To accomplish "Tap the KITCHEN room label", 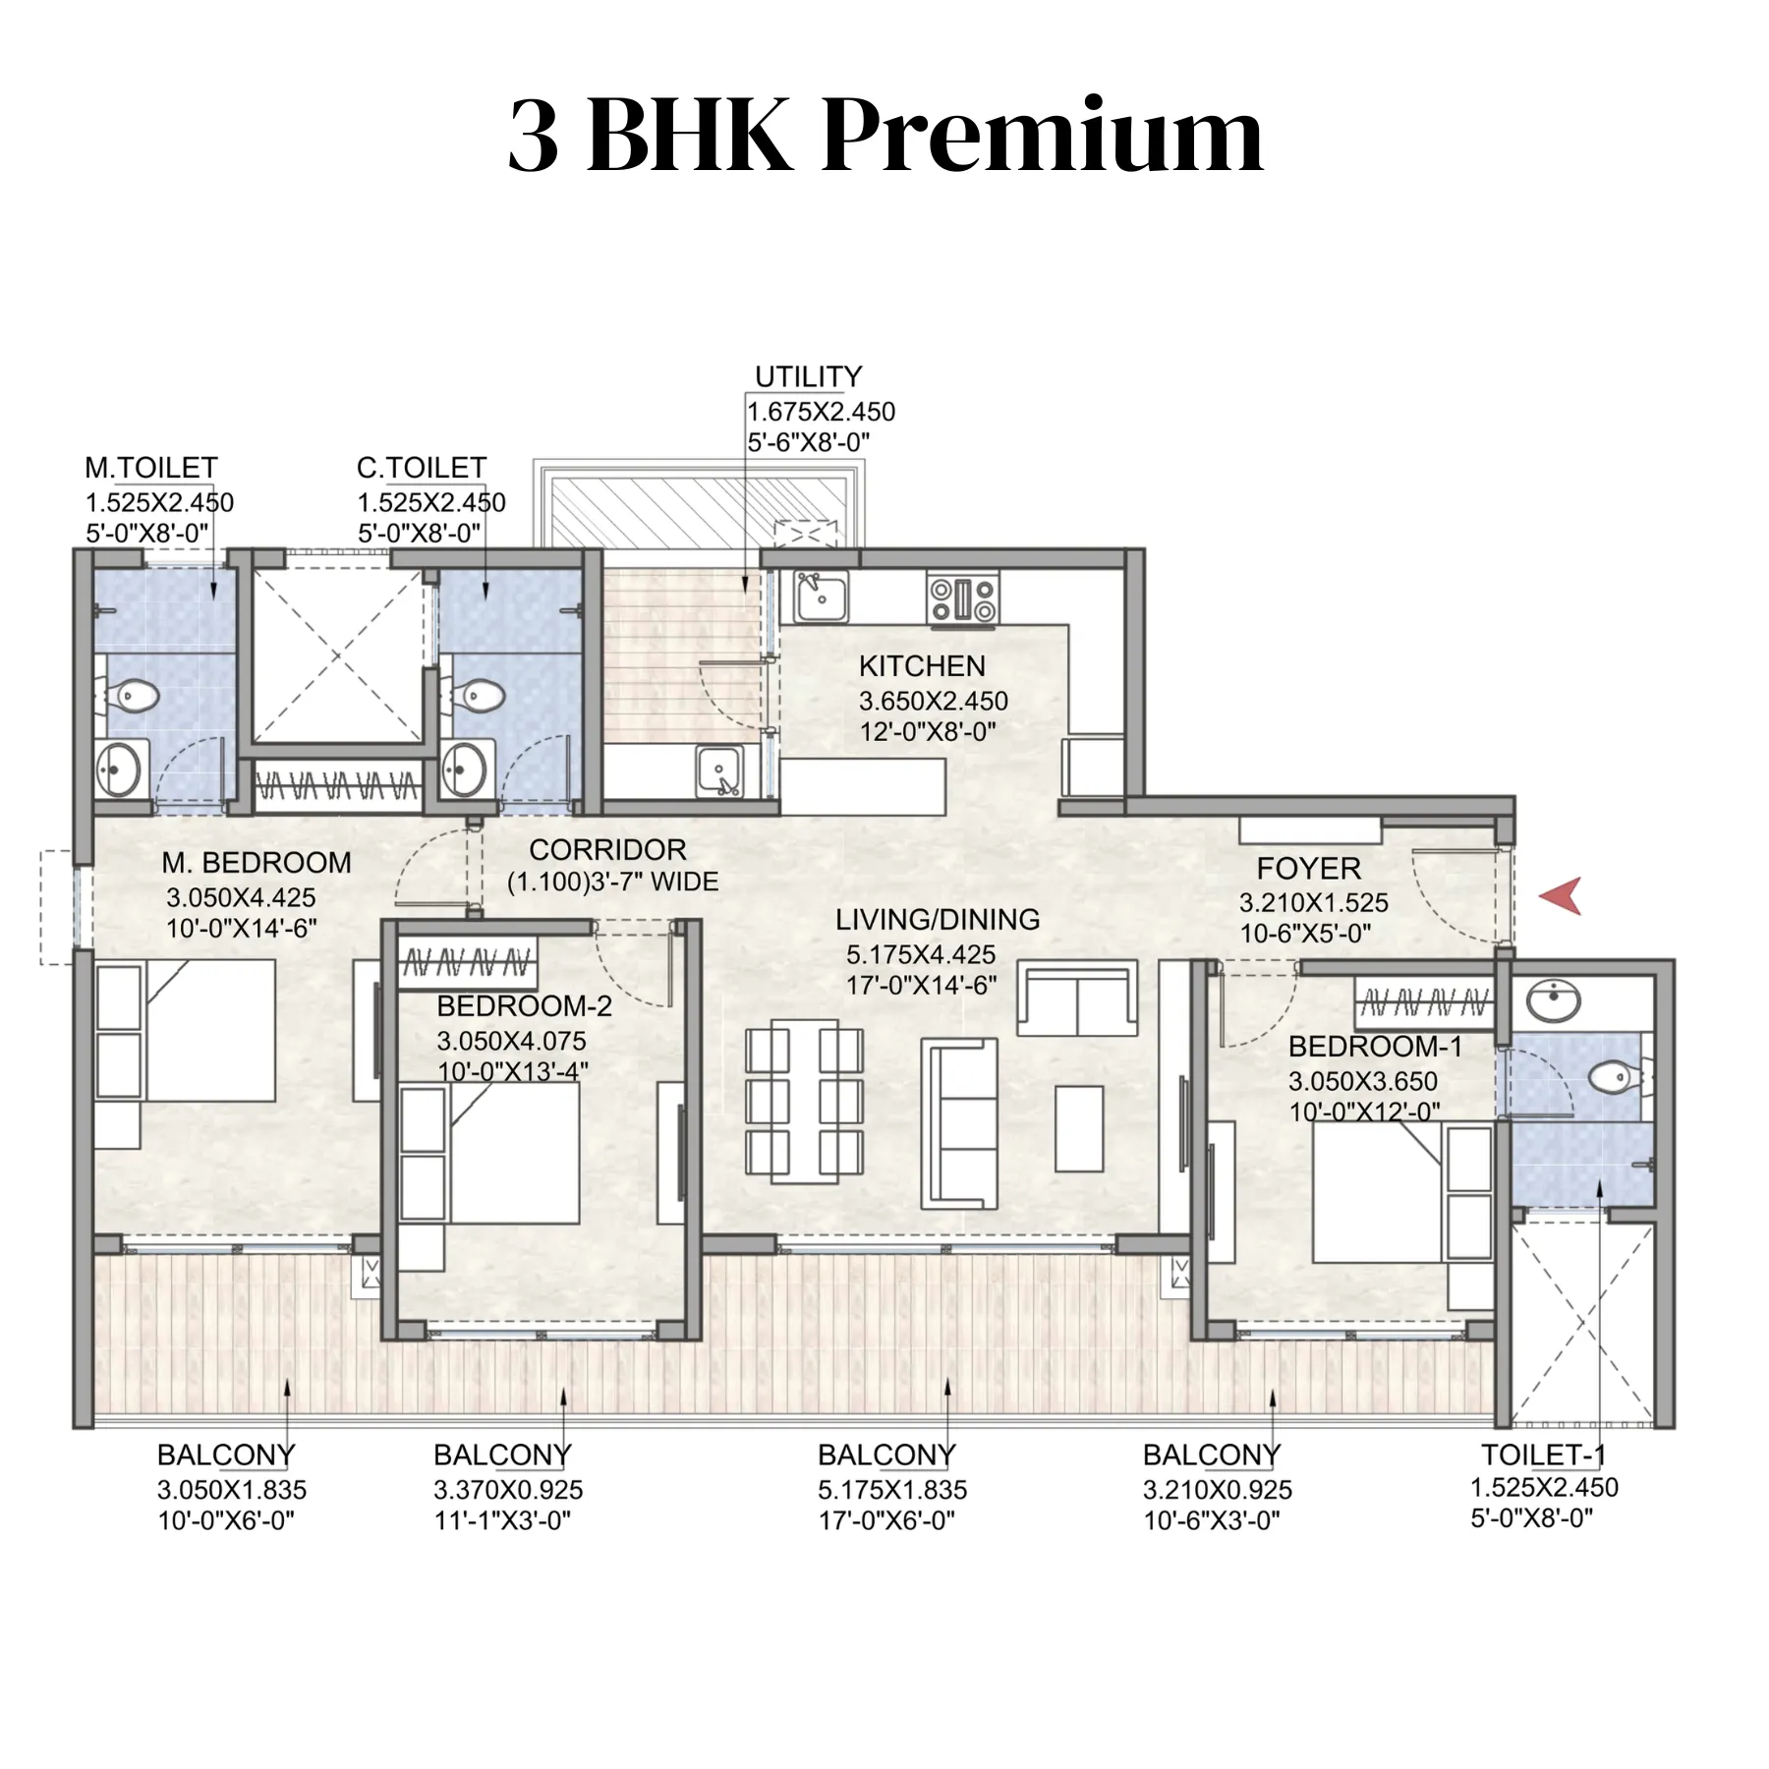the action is point(922,666).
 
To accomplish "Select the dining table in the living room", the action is point(805,1101).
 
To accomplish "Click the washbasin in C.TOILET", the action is point(464,770).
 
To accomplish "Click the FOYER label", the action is point(1308,869).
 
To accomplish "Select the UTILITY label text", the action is point(808,377).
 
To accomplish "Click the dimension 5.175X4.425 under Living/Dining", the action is point(921,954).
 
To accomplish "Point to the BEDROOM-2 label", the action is point(524,1006).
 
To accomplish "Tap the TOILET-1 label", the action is point(1542,1455).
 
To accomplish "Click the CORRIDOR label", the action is point(607,850).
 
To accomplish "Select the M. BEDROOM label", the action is point(257,863).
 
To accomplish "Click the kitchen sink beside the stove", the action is point(821,597).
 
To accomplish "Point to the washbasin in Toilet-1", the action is point(1554,1001).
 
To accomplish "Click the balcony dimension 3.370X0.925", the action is point(508,1490).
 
